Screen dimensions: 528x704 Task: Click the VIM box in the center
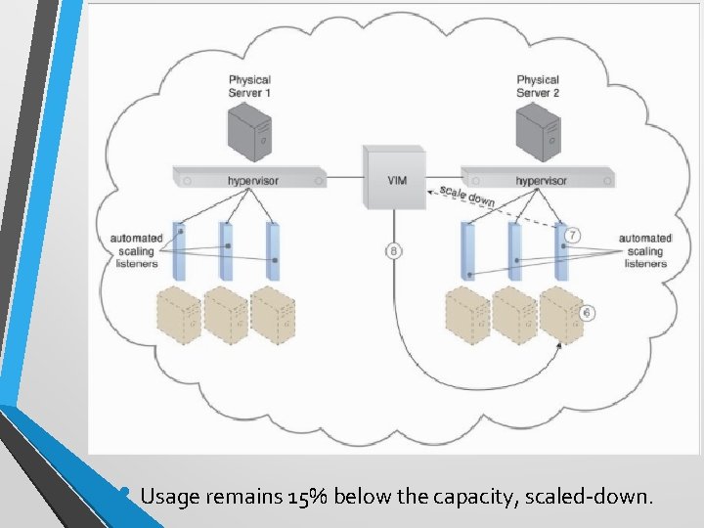(393, 177)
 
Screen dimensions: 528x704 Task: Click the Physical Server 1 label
(249, 85)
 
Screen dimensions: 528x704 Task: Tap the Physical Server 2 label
(538, 85)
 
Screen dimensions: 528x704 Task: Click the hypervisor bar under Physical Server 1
(249, 180)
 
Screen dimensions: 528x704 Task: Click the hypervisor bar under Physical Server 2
(538, 180)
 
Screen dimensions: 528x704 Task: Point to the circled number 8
(393, 251)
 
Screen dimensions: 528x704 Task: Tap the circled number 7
(573, 236)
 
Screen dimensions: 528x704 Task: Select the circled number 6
(587, 313)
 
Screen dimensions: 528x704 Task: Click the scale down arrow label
(467, 196)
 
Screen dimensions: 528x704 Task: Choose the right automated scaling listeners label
(645, 250)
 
